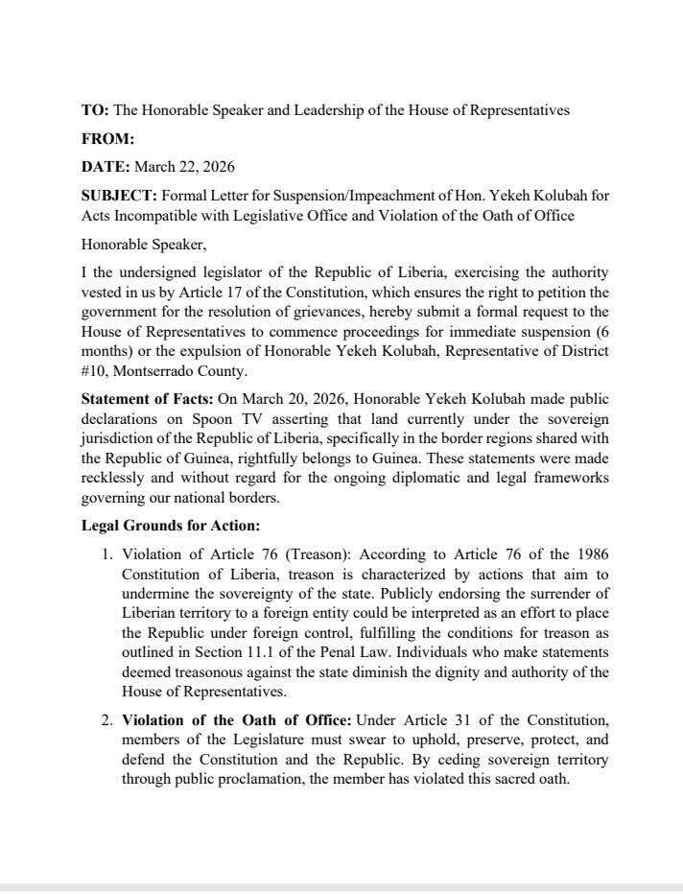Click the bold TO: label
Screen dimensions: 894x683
(x=95, y=110)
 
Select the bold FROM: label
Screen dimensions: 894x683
(x=107, y=138)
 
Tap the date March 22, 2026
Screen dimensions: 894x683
(x=184, y=166)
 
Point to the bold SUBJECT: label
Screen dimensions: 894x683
(x=117, y=195)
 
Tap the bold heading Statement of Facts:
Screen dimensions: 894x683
(x=147, y=398)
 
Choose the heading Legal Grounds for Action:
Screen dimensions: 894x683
(x=171, y=526)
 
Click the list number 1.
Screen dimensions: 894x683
(x=107, y=554)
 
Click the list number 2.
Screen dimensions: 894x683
(x=107, y=719)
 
